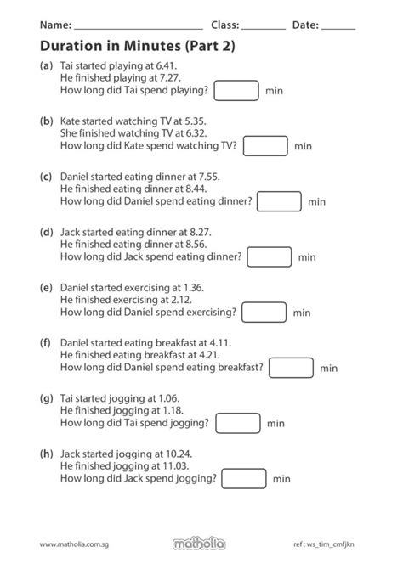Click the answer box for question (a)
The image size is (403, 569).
point(236,90)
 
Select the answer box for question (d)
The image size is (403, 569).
point(270,257)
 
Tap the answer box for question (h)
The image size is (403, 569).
point(244,479)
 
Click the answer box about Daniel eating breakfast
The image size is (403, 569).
point(291,368)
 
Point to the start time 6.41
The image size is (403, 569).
point(166,65)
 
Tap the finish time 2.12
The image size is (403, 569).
point(182,300)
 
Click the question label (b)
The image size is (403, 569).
point(47,121)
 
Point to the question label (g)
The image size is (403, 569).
point(47,399)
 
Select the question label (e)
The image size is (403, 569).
point(46,288)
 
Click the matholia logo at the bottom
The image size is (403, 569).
point(199,544)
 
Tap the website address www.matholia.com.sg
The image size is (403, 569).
point(74,544)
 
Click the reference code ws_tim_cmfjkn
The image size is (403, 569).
point(330,544)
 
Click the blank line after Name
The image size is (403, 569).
point(139,29)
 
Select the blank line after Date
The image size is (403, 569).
point(338,29)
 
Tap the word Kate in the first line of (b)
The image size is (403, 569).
point(70,121)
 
